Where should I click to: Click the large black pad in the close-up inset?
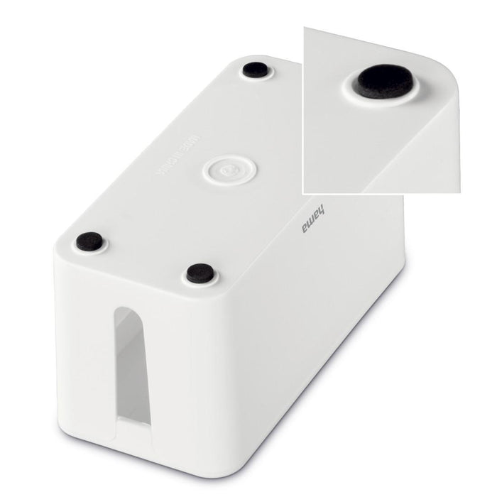pyautogui.click(x=384, y=82)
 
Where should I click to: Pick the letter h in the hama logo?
pyautogui.click(x=313, y=206)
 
